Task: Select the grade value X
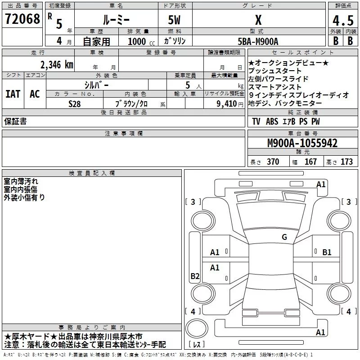click(258, 20)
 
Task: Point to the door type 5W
click(175, 20)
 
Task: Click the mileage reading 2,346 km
click(57, 64)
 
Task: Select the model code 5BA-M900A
click(258, 41)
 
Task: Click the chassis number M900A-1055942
click(302, 144)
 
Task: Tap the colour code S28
click(74, 103)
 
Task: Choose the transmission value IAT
click(13, 94)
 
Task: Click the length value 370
click(273, 162)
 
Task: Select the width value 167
click(310, 162)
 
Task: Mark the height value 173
click(346, 162)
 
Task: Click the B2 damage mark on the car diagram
click(195, 276)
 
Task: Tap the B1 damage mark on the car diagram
click(327, 252)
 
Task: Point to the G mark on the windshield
click(284, 237)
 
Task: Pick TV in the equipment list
click(256, 121)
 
